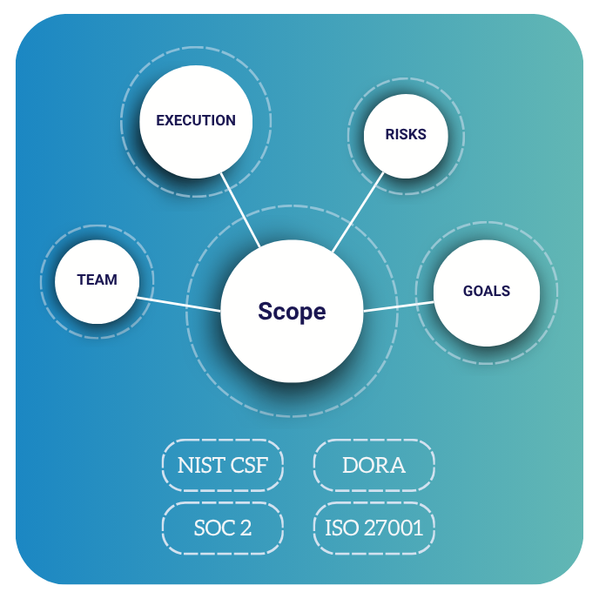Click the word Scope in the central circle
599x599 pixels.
pyautogui.click(x=292, y=312)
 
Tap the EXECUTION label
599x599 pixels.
pyautogui.click(x=196, y=120)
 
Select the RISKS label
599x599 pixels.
pyautogui.click(x=406, y=134)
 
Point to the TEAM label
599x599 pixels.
pyautogui.click(x=97, y=279)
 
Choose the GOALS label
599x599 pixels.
pyautogui.click(x=487, y=291)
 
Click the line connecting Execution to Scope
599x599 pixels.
pyautogui.click(x=240, y=211)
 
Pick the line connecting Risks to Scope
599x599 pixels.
pyautogui.click(x=358, y=212)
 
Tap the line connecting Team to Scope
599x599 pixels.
pyautogui.click(x=178, y=304)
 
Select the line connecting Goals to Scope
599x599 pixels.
pyautogui.click(x=399, y=306)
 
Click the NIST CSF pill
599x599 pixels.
pyautogui.click(x=223, y=465)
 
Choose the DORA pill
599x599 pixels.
pyautogui.click(x=374, y=465)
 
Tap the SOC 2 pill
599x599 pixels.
pyautogui.click(x=223, y=528)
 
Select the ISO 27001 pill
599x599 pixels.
pyautogui.click(x=374, y=528)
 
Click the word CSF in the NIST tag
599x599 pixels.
pyautogui.click(x=249, y=465)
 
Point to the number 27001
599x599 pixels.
pyautogui.click(x=394, y=528)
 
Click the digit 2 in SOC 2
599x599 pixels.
pyautogui.click(x=246, y=528)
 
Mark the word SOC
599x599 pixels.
pyautogui.click(x=214, y=528)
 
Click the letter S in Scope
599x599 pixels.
pyautogui.click(x=266, y=311)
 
